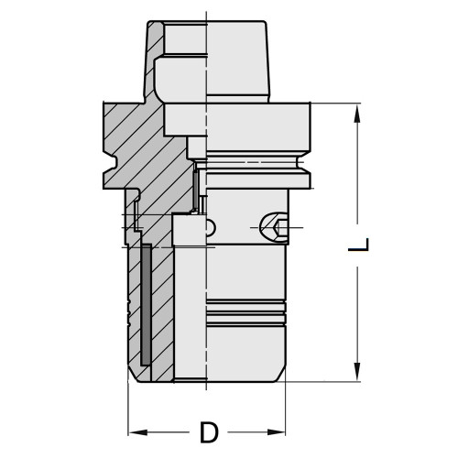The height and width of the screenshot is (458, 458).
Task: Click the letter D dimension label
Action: click(208, 431)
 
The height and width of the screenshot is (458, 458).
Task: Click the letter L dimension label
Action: click(363, 245)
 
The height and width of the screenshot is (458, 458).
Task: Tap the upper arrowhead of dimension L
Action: click(354, 111)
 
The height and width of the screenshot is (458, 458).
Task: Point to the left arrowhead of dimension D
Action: click(132, 431)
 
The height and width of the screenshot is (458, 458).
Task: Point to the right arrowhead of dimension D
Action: click(283, 431)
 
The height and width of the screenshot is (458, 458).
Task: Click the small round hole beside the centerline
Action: click(211, 227)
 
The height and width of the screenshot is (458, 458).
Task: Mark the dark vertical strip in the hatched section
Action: click(145, 302)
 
